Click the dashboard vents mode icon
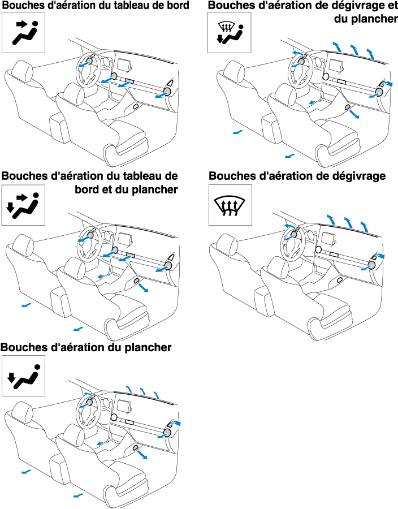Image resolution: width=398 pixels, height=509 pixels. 23,32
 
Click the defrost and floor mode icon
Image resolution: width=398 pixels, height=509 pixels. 230,32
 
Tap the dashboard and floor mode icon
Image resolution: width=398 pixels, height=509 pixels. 23,205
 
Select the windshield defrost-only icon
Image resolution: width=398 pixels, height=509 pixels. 230,205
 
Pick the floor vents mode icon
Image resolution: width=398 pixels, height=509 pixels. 23,376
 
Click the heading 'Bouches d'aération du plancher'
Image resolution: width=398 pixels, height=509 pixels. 86,347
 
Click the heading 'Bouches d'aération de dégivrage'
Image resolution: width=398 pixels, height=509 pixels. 297,176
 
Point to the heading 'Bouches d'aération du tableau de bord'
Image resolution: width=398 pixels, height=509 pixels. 96,6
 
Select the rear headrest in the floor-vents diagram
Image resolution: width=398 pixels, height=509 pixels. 23,411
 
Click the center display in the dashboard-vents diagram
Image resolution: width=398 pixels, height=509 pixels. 124,65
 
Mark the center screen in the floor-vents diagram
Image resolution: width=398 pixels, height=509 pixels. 124,406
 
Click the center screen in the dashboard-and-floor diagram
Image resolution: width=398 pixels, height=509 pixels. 125,239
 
